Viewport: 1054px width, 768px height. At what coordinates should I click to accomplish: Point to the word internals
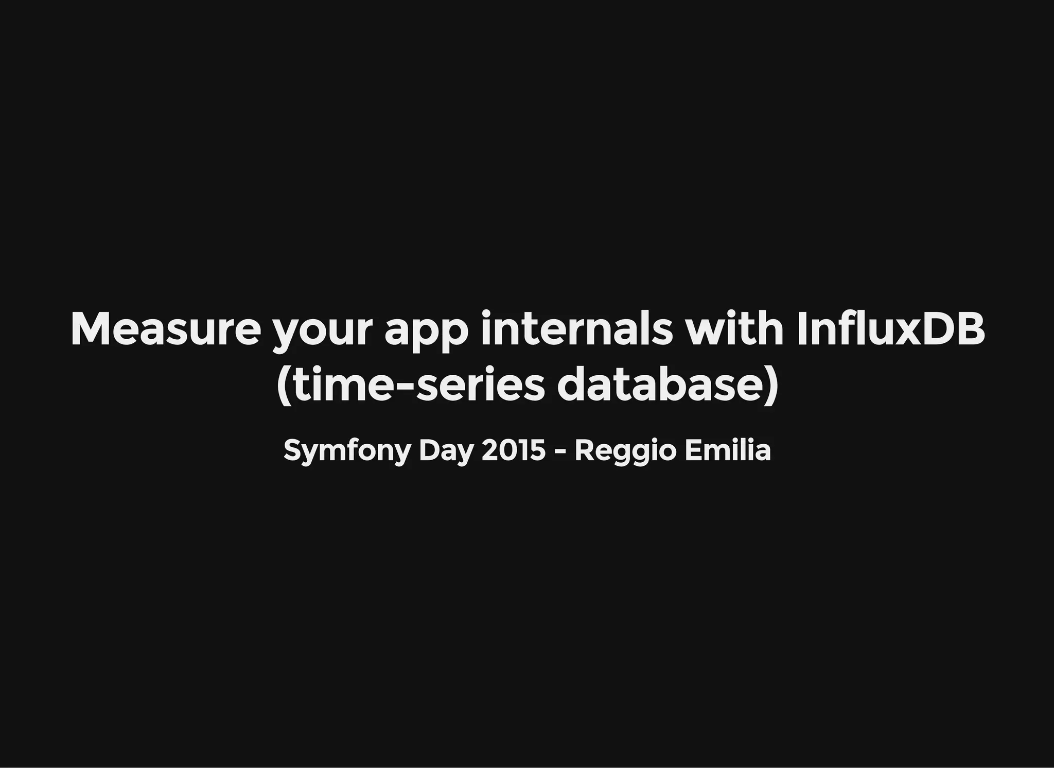tap(576, 329)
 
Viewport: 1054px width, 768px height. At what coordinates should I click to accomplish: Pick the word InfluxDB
tap(890, 329)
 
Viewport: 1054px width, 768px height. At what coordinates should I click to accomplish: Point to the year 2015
tap(513, 450)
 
